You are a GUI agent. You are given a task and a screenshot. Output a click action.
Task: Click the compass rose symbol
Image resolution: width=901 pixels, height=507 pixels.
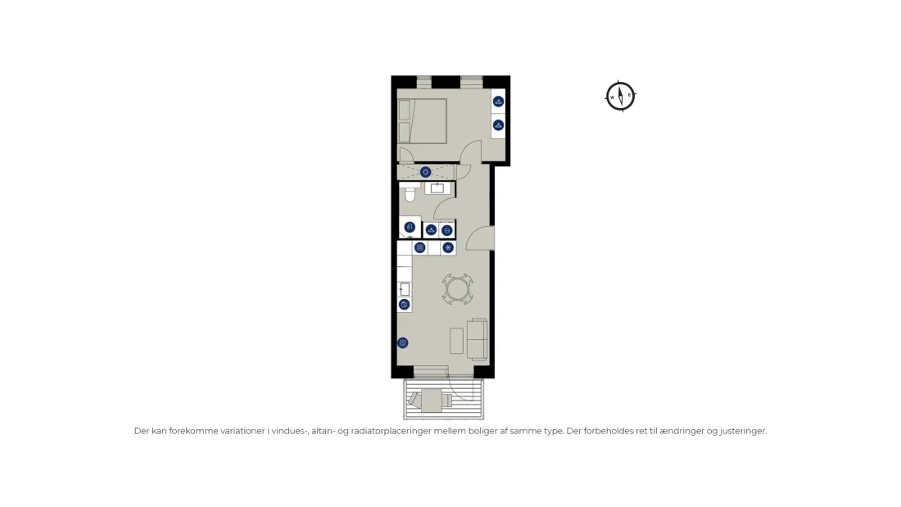coord(621,96)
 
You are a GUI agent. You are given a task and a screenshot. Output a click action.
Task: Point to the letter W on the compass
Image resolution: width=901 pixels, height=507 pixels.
coord(612,97)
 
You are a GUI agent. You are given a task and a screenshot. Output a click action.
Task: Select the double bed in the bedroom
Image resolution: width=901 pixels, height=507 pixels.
coord(422,120)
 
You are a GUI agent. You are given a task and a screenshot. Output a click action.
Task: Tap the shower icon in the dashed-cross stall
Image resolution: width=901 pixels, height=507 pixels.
coord(425,172)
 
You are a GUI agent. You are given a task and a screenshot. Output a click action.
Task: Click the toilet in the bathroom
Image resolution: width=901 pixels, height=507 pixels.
coord(410,193)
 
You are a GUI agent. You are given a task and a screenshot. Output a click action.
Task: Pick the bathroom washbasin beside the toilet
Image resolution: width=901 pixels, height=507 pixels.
coord(437,188)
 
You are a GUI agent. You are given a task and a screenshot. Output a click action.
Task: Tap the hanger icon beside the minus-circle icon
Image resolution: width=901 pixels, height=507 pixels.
coord(431,230)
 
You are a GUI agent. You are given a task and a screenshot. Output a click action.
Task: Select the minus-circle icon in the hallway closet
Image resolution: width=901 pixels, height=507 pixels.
coord(447,230)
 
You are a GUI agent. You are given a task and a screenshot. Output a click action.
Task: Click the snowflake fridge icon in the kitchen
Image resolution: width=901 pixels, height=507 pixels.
coord(448,247)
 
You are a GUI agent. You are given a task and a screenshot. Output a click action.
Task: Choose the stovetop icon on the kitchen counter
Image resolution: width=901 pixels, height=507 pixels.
coord(420,247)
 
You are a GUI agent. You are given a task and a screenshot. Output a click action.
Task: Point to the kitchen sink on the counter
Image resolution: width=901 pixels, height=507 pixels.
coord(405,289)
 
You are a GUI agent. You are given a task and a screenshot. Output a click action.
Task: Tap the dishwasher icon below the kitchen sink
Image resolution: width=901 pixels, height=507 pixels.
coord(405,305)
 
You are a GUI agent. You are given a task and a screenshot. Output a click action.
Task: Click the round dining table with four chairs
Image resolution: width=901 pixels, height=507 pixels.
coord(457,289)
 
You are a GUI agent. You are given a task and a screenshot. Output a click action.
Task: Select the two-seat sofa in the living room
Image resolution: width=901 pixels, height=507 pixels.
coord(478,339)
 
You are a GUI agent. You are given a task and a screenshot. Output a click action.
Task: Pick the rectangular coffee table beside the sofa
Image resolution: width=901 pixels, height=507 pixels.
coord(457,340)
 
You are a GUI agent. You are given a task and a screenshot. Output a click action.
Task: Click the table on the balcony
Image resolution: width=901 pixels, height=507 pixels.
coord(432,400)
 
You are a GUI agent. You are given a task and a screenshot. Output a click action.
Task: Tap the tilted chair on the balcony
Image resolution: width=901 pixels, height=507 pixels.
coord(414,398)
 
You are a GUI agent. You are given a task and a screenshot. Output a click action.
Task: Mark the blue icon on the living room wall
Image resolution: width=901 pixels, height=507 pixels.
coord(403,343)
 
